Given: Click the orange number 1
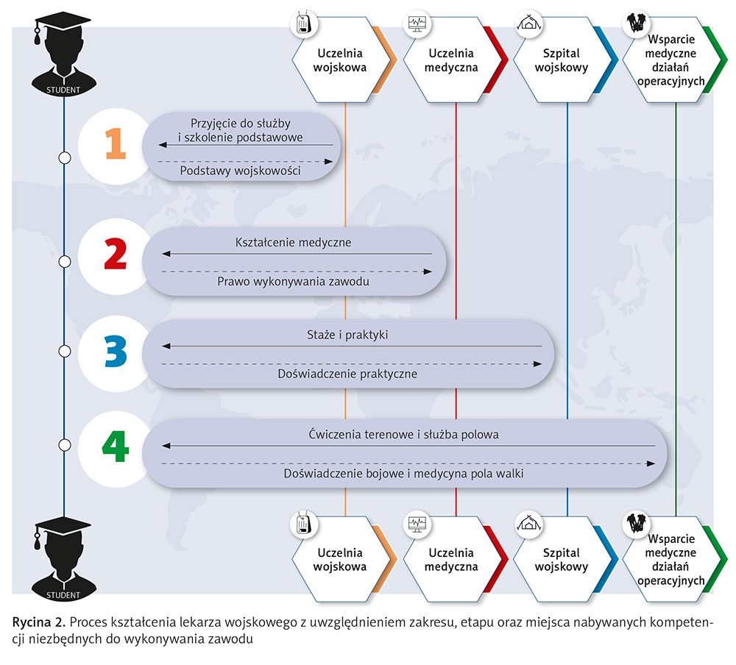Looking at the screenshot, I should click(114, 143).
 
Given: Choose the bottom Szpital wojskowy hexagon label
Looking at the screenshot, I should click(561, 560).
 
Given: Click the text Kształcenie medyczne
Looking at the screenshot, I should click(293, 242).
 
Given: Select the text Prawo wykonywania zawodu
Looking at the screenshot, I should click(293, 282).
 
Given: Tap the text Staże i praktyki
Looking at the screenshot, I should click(347, 335).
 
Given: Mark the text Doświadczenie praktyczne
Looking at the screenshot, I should click(347, 374).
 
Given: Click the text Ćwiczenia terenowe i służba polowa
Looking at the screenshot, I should click(403, 435).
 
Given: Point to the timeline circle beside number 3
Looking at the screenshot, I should click(64, 350).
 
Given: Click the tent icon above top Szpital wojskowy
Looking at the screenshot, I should click(526, 24).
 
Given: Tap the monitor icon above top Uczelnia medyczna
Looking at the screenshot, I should click(417, 24).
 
